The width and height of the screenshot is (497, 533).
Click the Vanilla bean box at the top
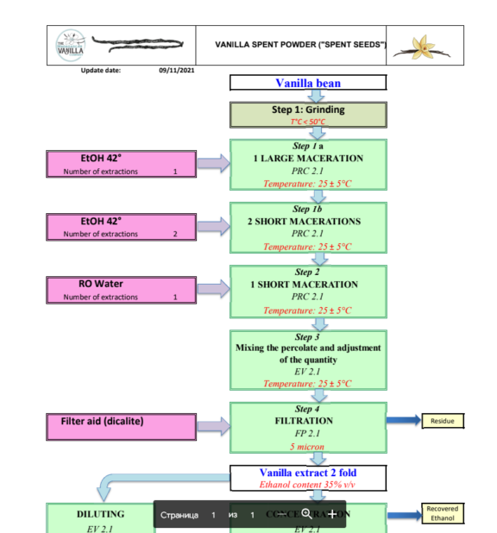coord(308,84)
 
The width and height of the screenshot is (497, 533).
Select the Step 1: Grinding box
coord(308,114)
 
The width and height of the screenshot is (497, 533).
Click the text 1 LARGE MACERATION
coord(308,159)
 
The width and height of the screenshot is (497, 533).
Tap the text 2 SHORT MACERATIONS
coord(308,222)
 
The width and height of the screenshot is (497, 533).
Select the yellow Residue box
coord(443,422)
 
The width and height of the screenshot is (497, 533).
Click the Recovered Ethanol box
coord(443,514)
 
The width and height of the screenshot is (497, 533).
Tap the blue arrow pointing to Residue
coord(403,422)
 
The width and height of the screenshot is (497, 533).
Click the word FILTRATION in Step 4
coord(308,422)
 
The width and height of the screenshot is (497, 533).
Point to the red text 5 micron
coord(308,447)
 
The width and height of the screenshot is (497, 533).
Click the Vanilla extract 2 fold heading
coord(308,473)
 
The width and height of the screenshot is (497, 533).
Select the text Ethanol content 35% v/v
coord(308,485)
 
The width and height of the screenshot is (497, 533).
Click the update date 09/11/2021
coord(176,70)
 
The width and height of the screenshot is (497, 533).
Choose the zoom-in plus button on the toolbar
coord(333,514)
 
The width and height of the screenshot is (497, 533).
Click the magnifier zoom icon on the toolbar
coord(306,514)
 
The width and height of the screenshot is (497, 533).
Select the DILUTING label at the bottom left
coord(100,514)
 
